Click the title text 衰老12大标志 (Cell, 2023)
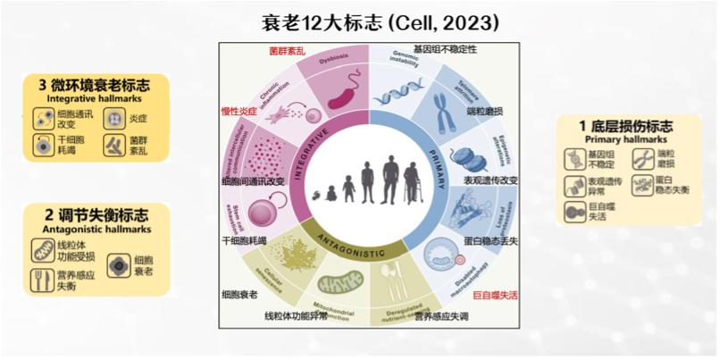pyautogui.click(x=368, y=20)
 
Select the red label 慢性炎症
pyautogui.click(x=239, y=112)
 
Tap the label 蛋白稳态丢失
pyautogui.click(x=497, y=239)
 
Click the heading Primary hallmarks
pyautogui.click(x=615, y=139)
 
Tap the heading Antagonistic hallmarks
pyautogui.click(x=96, y=230)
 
